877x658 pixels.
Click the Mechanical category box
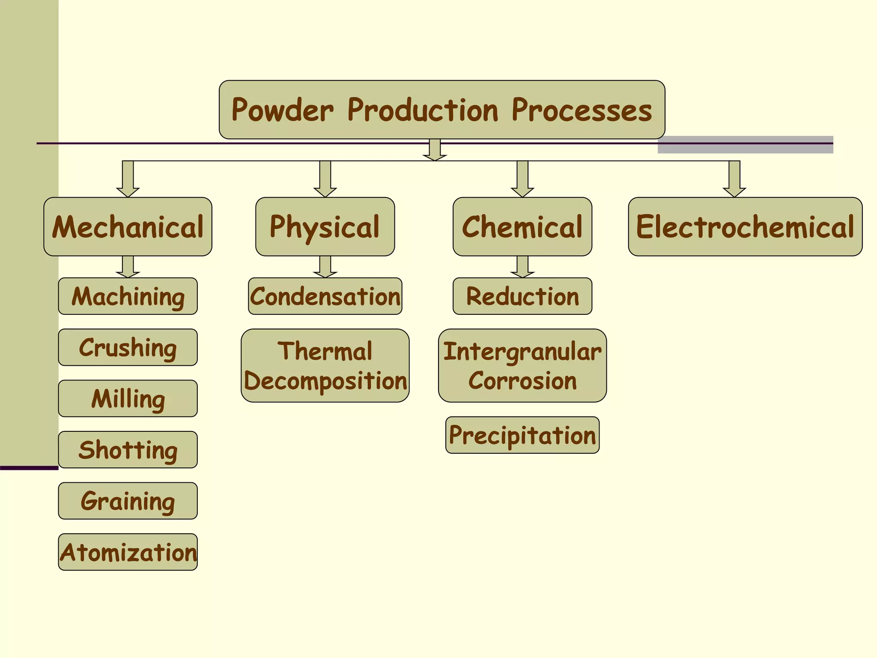(x=128, y=227)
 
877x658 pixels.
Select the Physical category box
(x=325, y=227)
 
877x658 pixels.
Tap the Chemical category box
(x=522, y=227)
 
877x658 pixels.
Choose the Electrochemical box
(x=745, y=227)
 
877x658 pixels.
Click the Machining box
(x=128, y=296)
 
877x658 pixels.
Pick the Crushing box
(x=128, y=347)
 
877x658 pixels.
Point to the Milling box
(x=128, y=398)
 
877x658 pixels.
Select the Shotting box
(x=128, y=450)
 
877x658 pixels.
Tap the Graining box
(x=128, y=501)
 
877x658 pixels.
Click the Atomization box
(x=128, y=552)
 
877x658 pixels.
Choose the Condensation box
(x=325, y=296)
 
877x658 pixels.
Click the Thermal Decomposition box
(x=325, y=365)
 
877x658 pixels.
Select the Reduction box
(x=522, y=296)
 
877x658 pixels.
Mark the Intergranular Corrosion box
(x=522, y=365)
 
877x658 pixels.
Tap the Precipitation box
(x=522, y=435)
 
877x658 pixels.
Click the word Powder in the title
(x=282, y=110)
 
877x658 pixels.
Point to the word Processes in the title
(x=582, y=110)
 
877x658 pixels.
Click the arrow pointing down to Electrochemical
(x=734, y=179)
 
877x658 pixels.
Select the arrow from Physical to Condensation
(x=325, y=267)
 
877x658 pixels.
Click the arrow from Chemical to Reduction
(x=522, y=267)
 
